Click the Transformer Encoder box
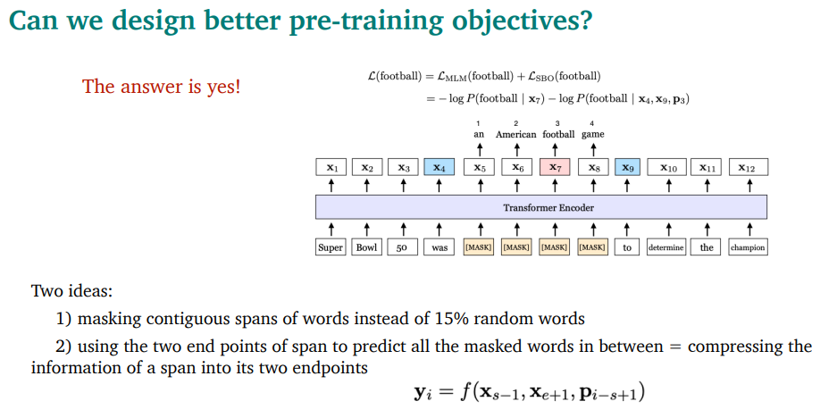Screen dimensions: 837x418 pyautogui.click(x=541, y=207)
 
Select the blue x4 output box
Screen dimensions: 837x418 pyautogui.click(x=439, y=168)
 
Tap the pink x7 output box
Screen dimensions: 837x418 pyautogui.click(x=555, y=168)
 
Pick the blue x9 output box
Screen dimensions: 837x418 pyautogui.click(x=627, y=168)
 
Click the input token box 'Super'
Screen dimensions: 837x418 pyautogui.click(x=331, y=247)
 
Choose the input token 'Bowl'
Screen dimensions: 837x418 pyautogui.click(x=367, y=247)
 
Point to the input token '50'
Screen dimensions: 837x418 pyautogui.click(x=403, y=247)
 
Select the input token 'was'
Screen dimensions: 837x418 pyautogui.click(x=439, y=247)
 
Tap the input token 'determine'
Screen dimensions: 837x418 pyautogui.click(x=666, y=247)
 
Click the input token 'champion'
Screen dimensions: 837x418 pyautogui.click(x=749, y=247)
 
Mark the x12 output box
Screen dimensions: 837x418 pyautogui.click(x=749, y=168)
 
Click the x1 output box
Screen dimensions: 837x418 pyautogui.click(x=331, y=168)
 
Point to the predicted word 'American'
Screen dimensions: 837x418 pyautogui.click(x=515, y=135)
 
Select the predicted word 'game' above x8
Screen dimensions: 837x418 pyautogui.click(x=592, y=135)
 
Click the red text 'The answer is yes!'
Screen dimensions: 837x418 pyautogui.click(x=161, y=86)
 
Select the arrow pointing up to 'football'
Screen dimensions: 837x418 pyautogui.click(x=555, y=149)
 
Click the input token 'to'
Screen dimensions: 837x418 pyautogui.click(x=627, y=247)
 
